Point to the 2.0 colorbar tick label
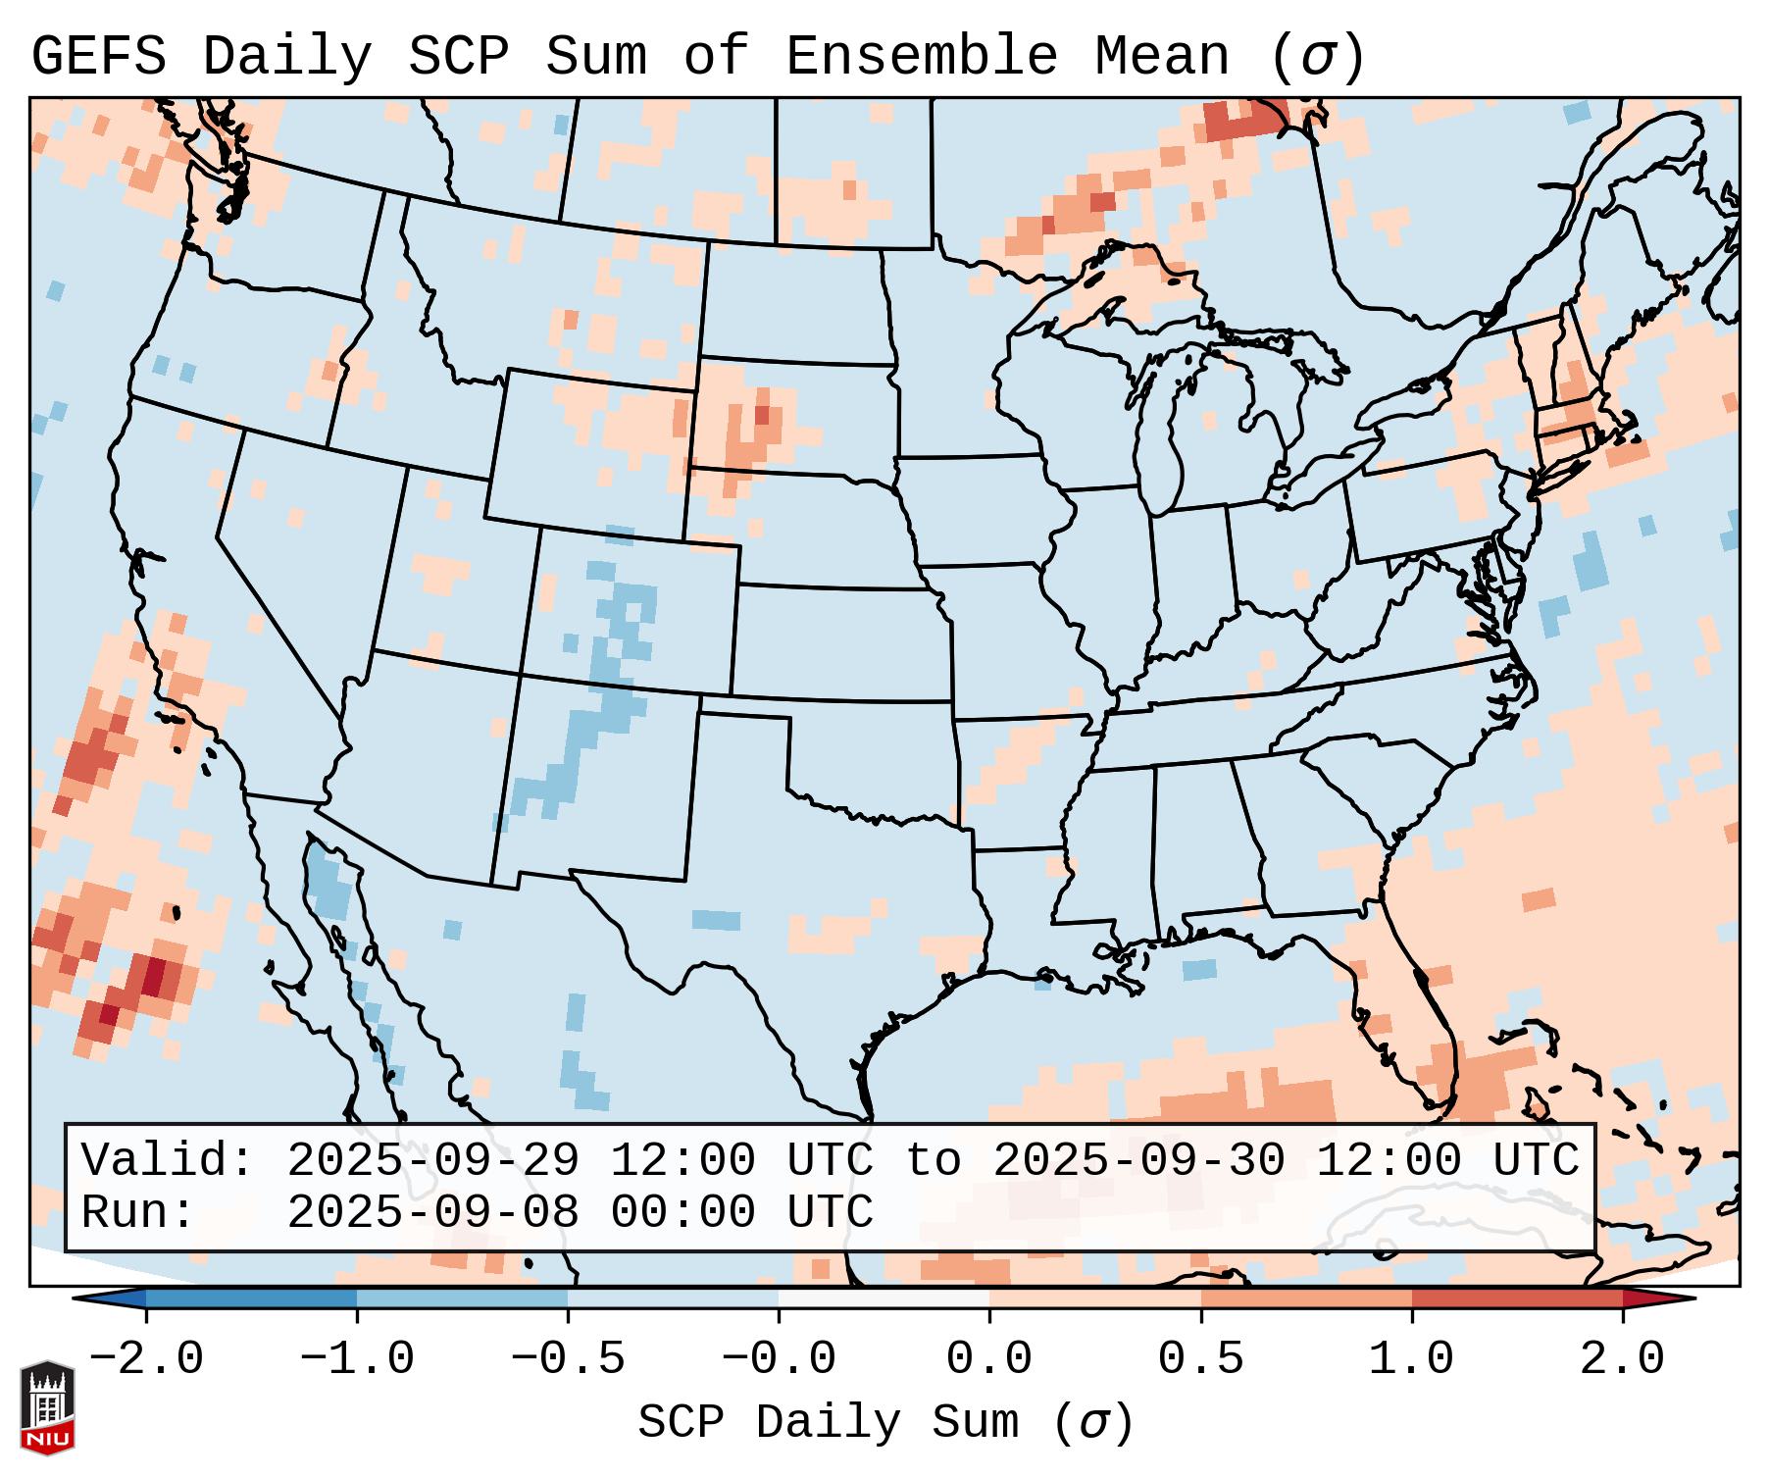pyautogui.click(x=1622, y=1359)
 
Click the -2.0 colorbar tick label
pyautogui.click(x=146, y=1359)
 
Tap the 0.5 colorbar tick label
pyautogui.click(x=1200, y=1359)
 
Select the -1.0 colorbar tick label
pyautogui.click(x=357, y=1359)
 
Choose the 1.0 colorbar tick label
pyautogui.click(x=1411, y=1359)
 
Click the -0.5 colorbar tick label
pyautogui.click(x=568, y=1359)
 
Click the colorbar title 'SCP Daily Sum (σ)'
pyautogui.click(x=884, y=1423)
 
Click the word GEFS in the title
pyautogui.click(x=98, y=57)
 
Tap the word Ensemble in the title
pyautogui.click(x=922, y=57)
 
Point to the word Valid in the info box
pyautogui.click(x=166, y=1160)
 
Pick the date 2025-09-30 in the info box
pyautogui.click(x=1138, y=1160)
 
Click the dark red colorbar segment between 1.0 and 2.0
pyautogui.click(x=1517, y=1299)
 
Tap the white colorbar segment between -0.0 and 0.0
pyautogui.click(x=884, y=1299)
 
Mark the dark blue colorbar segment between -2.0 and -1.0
pyautogui.click(x=251, y=1299)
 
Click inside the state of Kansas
pyautogui.click(x=838, y=642)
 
